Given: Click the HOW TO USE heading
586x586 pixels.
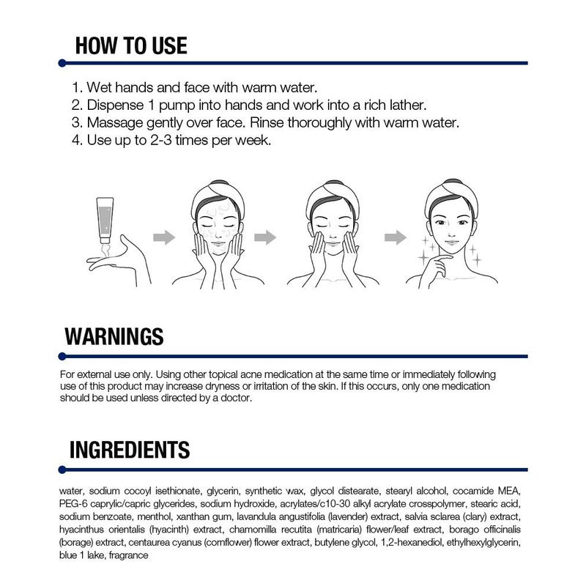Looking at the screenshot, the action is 131,45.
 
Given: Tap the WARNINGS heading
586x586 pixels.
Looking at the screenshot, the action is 114,336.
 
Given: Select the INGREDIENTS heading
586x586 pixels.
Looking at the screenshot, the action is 130,450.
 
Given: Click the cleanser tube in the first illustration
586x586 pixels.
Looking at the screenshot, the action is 105,220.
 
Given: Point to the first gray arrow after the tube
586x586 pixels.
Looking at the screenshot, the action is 164,237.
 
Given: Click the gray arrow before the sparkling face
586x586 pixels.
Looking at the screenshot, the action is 396,237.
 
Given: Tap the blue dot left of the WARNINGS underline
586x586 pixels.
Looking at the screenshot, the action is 62,357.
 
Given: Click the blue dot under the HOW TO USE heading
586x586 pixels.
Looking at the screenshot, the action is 62,63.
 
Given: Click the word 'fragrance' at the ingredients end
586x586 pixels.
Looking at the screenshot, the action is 129,555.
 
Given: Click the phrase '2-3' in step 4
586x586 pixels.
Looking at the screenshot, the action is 160,140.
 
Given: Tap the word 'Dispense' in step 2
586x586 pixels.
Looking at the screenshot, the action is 115,105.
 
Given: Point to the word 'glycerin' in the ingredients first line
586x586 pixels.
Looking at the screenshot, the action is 223,491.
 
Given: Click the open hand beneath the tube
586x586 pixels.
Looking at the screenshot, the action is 118,260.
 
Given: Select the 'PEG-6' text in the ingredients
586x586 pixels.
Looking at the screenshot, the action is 73,504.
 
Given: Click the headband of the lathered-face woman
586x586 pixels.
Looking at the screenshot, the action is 218,194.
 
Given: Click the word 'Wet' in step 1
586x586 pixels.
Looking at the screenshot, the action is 99,88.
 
